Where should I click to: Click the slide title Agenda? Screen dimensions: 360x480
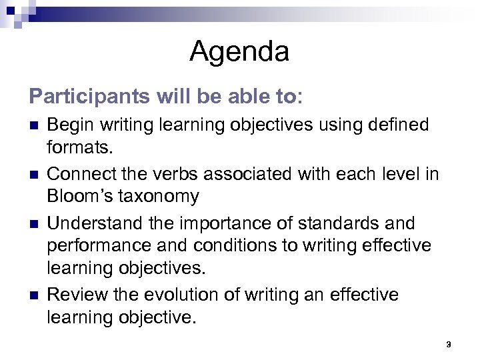point(239,51)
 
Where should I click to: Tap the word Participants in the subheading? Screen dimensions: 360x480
point(88,97)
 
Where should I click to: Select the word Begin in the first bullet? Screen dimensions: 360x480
point(69,125)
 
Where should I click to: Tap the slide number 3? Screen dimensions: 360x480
point(449,345)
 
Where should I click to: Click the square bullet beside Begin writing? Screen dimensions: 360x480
point(34,125)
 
